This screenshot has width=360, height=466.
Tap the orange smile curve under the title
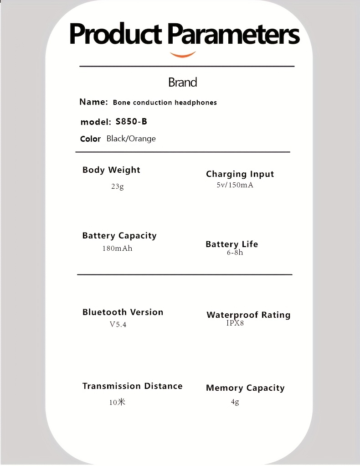pos(183,55)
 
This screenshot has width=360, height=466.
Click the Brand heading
pos(182,83)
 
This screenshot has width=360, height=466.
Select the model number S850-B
pos(131,122)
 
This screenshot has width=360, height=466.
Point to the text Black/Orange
pos(131,139)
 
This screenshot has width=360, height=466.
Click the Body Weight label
pos(111,170)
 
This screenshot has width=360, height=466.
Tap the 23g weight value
pos(117,186)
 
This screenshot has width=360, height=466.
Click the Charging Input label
pos(240,174)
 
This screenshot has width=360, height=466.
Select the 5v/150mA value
pos(235,185)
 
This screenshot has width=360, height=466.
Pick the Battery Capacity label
pos(119,236)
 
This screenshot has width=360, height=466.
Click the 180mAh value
pos(117,249)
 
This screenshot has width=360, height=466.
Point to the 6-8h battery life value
pos(235,253)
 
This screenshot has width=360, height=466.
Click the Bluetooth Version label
pos(123,312)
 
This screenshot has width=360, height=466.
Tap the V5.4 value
pos(118,325)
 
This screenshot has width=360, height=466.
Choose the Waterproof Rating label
pos(248,315)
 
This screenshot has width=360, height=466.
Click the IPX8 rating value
pos(235,323)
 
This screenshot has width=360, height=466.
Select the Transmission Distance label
pos(132,386)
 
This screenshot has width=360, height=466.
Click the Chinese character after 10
pos(121,402)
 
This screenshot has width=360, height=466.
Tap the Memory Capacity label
pos(245,388)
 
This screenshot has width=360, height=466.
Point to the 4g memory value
pos(235,402)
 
